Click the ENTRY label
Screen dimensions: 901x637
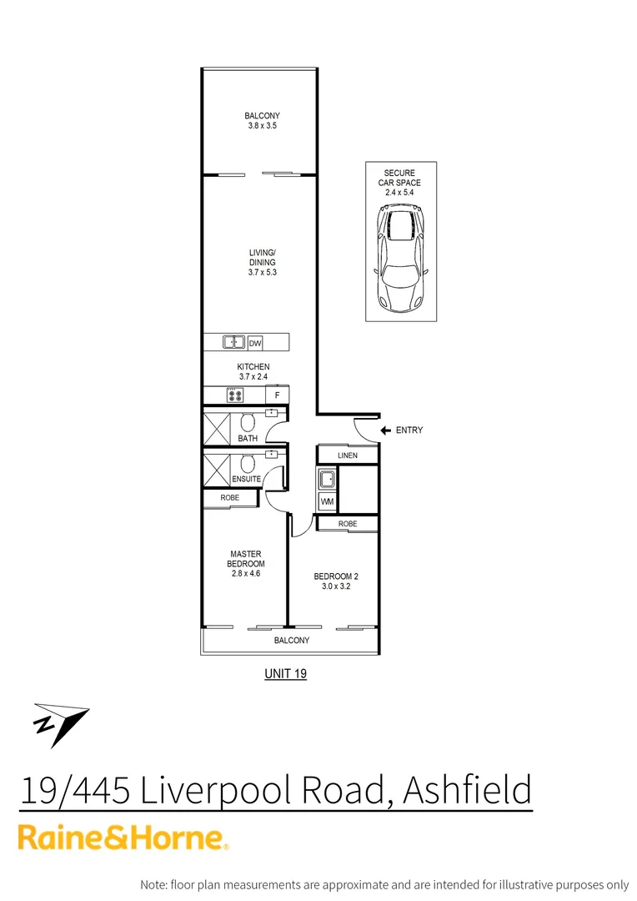pos(409,430)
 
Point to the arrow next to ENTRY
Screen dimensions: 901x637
pos(385,430)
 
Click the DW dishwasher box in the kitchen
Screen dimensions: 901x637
pos(255,342)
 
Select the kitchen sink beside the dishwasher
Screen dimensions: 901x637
pos(233,342)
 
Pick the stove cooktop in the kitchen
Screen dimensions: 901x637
pos(234,395)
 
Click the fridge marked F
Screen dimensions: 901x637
pos(277,395)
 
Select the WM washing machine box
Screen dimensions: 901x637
pos(327,501)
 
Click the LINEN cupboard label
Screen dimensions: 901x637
pos(348,455)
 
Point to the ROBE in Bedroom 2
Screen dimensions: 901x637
pos(348,524)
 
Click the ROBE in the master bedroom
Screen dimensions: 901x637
pos(229,498)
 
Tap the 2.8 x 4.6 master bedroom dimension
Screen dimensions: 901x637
pos(246,573)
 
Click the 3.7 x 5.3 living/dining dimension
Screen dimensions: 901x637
pos(262,272)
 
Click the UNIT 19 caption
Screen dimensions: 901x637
pos(285,673)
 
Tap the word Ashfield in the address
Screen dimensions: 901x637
pos(466,788)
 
